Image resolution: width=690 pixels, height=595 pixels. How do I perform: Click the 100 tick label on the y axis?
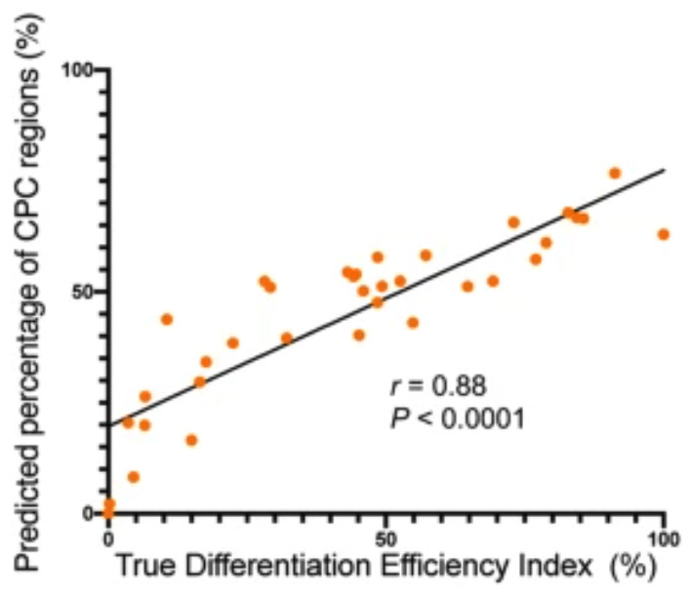click(80, 70)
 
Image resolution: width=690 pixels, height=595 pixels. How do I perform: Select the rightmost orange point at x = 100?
click(664, 234)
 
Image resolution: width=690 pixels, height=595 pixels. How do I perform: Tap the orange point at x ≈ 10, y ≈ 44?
click(166, 319)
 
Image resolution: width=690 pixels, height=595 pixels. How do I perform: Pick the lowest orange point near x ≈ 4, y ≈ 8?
click(134, 477)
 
